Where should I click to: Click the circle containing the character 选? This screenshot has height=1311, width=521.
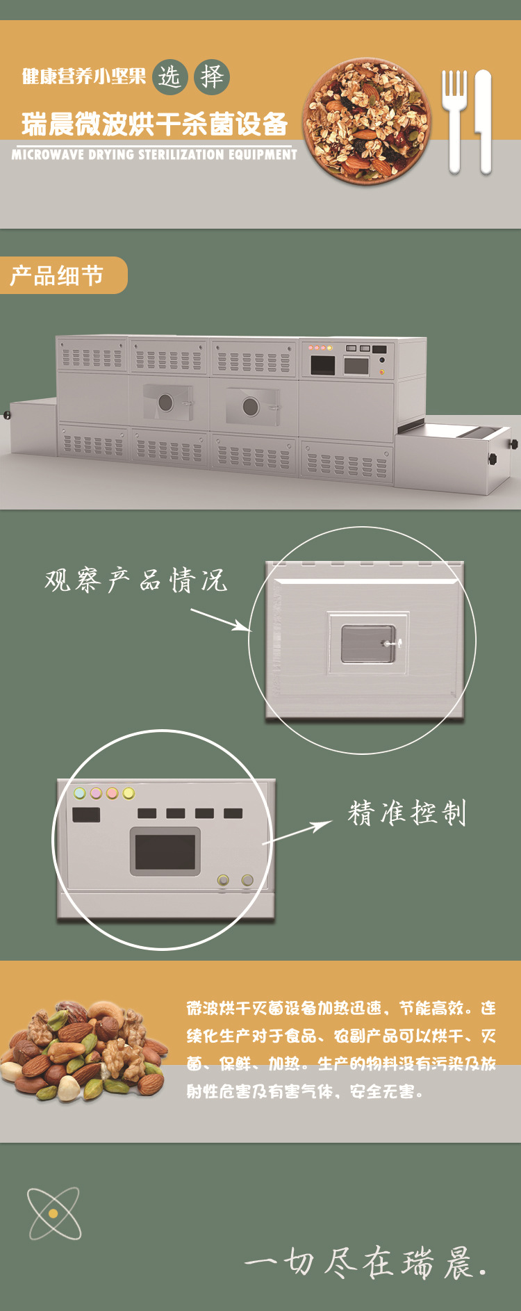169,76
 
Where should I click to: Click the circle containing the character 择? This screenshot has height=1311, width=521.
212,76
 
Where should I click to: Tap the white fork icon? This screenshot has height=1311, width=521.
454,120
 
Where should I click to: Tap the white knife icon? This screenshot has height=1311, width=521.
483,120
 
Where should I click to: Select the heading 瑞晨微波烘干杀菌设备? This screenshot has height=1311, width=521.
154,124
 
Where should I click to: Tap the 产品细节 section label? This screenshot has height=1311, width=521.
58,275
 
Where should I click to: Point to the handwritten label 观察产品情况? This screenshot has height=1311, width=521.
136,580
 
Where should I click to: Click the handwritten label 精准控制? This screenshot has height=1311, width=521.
407,812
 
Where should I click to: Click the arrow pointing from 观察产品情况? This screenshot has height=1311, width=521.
220,620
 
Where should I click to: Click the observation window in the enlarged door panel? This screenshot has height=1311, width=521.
368,644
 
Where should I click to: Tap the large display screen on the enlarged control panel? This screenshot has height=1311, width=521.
165,852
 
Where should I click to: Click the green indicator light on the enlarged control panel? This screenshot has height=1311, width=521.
80,793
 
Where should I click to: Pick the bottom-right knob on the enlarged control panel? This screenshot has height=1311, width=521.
247,880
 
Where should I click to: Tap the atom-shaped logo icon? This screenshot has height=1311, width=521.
53,1213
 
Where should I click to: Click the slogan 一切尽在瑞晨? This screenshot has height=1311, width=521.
365,1263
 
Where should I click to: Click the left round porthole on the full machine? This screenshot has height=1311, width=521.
165,402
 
